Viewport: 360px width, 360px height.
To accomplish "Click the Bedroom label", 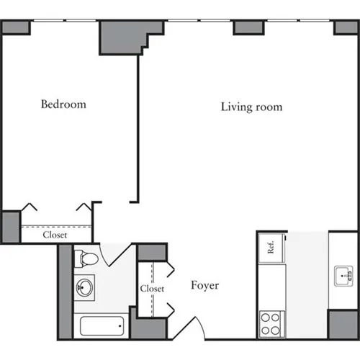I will [x=63, y=104].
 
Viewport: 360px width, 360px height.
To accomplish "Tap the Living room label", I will [x=251, y=107].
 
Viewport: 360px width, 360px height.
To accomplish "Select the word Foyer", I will [x=204, y=286].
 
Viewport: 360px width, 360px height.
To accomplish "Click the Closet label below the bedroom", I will [x=55, y=235].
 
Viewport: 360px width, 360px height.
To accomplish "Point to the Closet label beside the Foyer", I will [x=153, y=289].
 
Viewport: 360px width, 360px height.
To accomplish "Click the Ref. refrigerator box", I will [x=271, y=248].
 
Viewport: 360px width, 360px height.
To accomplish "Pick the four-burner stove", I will [x=271, y=322].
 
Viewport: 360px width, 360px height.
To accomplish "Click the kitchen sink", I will [x=343, y=274].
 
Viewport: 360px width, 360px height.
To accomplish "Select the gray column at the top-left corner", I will [x=15, y=27].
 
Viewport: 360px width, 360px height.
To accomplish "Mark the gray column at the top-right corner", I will [x=346, y=27].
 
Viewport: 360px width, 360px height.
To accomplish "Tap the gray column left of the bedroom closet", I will [x=9, y=226].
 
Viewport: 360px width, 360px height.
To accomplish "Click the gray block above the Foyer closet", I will [x=152, y=252].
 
